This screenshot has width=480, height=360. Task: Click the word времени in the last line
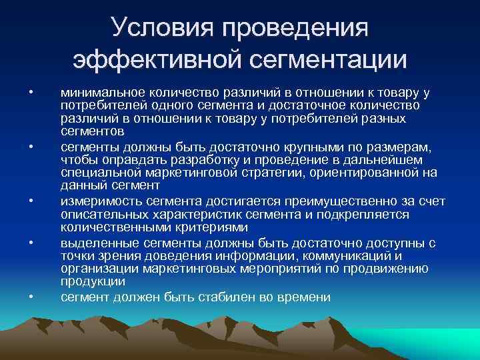pyautogui.click(x=307, y=297)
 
